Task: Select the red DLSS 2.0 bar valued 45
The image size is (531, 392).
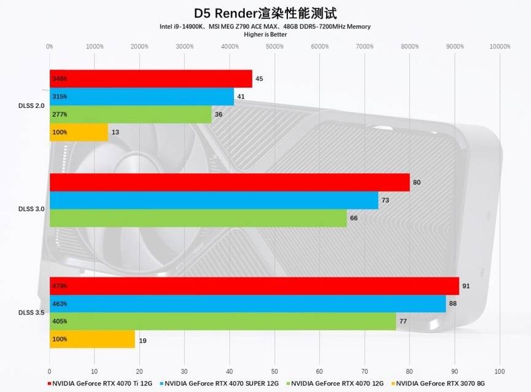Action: [150, 79]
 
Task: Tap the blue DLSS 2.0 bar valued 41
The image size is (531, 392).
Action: [141, 96]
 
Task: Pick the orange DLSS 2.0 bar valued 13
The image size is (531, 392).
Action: [79, 132]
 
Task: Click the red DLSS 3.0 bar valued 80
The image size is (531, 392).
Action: [229, 182]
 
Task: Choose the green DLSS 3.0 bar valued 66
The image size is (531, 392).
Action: [198, 218]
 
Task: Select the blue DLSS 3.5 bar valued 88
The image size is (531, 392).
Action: [247, 304]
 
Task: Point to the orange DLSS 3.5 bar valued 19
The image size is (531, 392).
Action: [92, 339]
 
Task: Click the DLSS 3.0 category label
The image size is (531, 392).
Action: [31, 209]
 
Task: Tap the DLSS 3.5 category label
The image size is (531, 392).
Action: [31, 313]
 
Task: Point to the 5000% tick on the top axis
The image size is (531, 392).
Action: [274, 47]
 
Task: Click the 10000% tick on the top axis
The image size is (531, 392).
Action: [499, 47]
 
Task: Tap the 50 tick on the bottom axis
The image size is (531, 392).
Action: [274, 371]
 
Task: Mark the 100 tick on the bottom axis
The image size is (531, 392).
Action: [499, 371]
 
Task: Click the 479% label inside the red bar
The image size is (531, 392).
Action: [60, 286]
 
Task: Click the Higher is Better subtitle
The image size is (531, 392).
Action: [265, 34]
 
